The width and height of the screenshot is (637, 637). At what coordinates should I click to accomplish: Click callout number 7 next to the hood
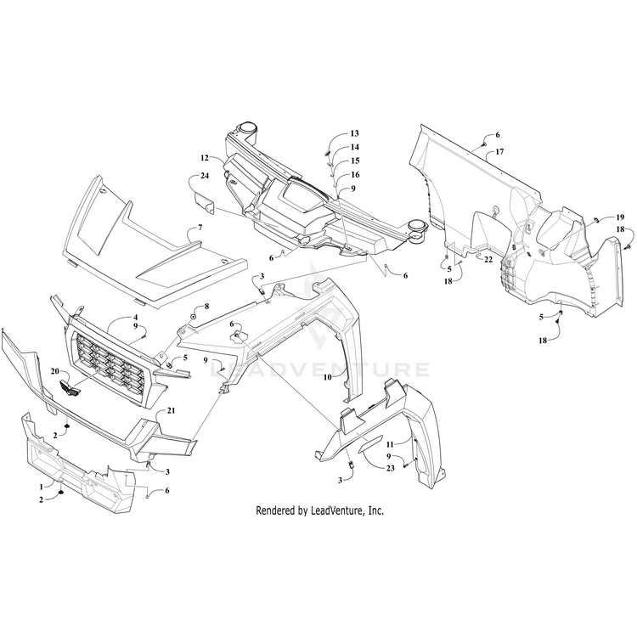200,228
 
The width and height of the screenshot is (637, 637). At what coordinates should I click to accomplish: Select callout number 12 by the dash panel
205,158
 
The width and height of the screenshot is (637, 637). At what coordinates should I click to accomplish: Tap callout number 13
354,134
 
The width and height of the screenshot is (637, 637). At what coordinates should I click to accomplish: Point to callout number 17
500,151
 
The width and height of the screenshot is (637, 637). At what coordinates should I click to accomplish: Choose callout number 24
204,177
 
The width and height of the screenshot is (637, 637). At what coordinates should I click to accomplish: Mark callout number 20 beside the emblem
55,372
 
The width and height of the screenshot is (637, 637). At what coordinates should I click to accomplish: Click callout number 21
171,410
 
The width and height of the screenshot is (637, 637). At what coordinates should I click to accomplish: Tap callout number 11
392,444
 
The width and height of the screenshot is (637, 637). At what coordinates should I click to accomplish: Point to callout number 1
40,485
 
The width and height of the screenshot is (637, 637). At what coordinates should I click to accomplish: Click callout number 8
206,306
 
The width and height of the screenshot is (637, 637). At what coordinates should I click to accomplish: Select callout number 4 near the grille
134,318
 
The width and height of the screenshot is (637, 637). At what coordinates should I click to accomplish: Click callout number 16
354,173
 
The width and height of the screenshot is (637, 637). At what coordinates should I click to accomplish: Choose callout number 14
354,147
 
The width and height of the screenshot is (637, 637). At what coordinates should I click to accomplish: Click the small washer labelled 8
194,317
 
